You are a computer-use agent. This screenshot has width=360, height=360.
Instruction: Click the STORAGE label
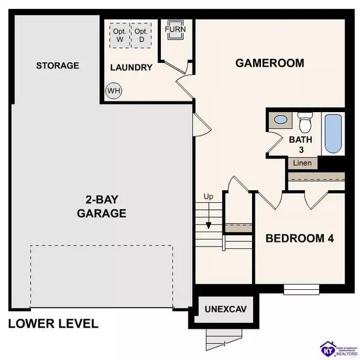(57, 65)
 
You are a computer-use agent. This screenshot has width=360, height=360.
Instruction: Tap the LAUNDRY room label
(131, 67)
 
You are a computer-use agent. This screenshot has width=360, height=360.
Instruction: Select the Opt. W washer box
(120, 35)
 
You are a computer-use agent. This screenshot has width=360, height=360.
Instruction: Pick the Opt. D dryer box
(142, 35)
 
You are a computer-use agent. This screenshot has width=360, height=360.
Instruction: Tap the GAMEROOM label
(269, 62)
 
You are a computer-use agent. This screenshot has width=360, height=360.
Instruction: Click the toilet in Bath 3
(305, 123)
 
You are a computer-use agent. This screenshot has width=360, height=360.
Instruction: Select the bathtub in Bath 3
(333, 133)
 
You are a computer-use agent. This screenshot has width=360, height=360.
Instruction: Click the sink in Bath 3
(280, 120)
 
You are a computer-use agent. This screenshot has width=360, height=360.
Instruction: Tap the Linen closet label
(302, 163)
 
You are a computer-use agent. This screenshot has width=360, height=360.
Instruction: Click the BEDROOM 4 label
(300, 238)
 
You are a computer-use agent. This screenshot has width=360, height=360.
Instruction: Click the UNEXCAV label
(226, 311)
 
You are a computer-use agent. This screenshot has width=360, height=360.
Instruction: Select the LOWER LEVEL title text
(53, 324)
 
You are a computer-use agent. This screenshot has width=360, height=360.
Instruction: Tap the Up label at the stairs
(209, 197)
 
